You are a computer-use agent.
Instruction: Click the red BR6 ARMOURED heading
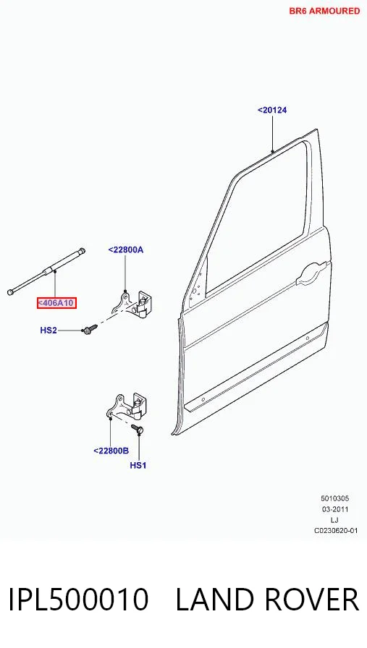(324, 11)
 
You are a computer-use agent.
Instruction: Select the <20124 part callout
(272, 110)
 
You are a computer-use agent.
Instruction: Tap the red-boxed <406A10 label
(56, 303)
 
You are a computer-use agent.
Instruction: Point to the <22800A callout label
(126, 250)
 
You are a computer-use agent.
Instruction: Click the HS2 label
(48, 331)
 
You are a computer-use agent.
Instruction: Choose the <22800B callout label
(111, 451)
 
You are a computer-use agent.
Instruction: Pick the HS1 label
(138, 465)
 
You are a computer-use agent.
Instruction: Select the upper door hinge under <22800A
(132, 304)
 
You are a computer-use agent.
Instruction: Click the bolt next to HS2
(90, 329)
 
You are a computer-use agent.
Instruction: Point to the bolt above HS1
(138, 429)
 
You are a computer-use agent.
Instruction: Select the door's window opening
(261, 219)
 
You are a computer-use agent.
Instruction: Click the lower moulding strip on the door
(256, 369)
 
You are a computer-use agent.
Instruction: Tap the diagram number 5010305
(334, 499)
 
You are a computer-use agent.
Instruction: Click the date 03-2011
(335, 509)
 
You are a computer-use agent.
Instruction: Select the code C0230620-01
(336, 531)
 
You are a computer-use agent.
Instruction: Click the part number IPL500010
(78, 600)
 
